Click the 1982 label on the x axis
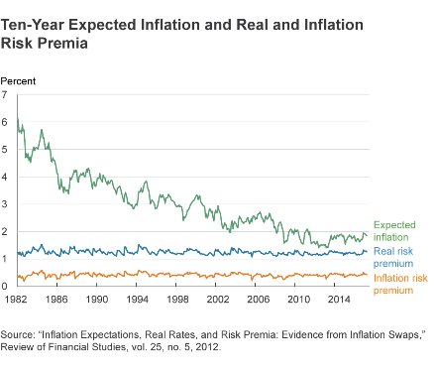click(x=17, y=298)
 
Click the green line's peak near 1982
click(x=18, y=120)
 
